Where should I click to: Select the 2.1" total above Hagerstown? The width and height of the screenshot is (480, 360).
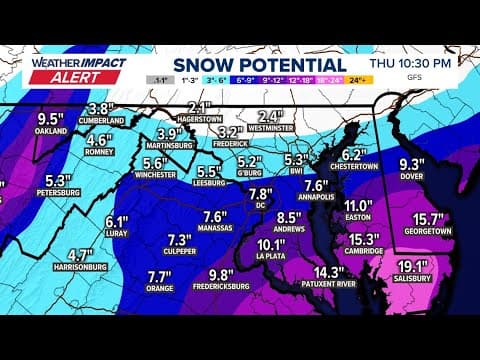point(199,107)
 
